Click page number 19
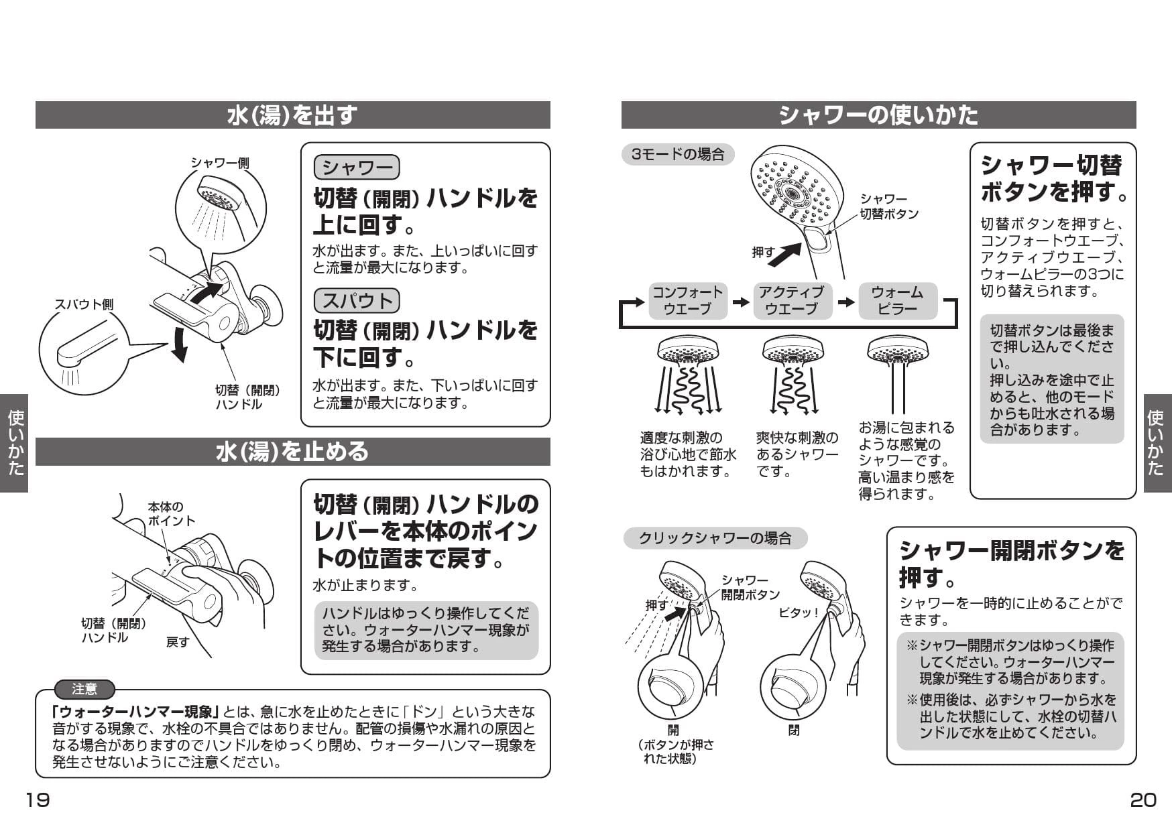point(38,800)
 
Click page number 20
point(1142,800)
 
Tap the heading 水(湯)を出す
point(292,115)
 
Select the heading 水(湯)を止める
point(292,452)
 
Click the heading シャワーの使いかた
point(878,115)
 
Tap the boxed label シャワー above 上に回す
point(357,168)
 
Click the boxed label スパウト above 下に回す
point(357,300)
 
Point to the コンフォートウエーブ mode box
point(687,301)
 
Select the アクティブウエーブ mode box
point(791,301)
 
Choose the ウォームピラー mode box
point(897,301)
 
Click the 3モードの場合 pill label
point(678,155)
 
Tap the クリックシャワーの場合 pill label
point(715,538)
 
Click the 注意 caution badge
point(84,689)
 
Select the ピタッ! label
point(799,613)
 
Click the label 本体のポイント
point(172,514)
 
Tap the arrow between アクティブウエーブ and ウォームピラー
point(846,302)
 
